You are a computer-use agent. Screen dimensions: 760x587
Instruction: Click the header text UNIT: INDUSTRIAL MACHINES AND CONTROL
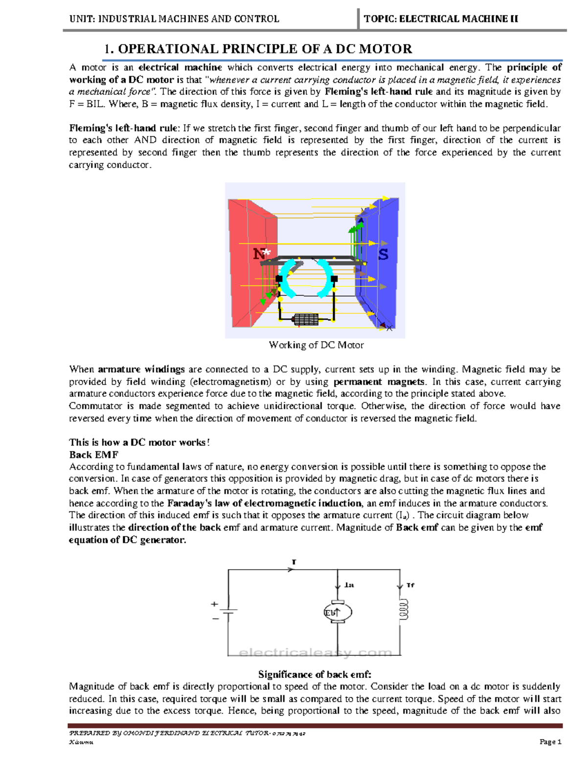tap(174, 19)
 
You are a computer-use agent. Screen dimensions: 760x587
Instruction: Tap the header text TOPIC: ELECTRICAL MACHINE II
tap(441, 19)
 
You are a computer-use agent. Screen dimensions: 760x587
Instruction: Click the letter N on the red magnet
tap(259, 254)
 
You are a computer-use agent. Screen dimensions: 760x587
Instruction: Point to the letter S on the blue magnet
tap(383, 254)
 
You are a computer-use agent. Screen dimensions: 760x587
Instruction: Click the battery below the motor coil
tap(305, 320)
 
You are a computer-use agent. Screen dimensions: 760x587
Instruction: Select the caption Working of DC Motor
tap(316, 345)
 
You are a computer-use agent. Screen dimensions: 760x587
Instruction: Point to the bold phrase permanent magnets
tap(379, 382)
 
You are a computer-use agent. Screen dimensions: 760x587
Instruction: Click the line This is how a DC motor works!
tap(139, 442)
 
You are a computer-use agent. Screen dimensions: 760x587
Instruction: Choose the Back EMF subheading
tap(93, 455)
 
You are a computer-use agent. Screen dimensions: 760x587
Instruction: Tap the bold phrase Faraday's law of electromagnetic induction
tap(264, 503)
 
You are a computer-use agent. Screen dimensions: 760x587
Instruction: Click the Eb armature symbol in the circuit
tap(338, 612)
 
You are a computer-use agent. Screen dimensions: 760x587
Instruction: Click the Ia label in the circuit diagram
tap(349, 585)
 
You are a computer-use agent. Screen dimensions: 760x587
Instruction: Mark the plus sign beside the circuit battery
tap(214, 604)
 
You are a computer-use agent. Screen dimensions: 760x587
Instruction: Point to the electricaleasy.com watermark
tap(316, 652)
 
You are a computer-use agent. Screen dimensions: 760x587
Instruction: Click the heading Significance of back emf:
tap(315, 674)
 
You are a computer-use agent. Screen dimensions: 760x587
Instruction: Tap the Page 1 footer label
tap(550, 742)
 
